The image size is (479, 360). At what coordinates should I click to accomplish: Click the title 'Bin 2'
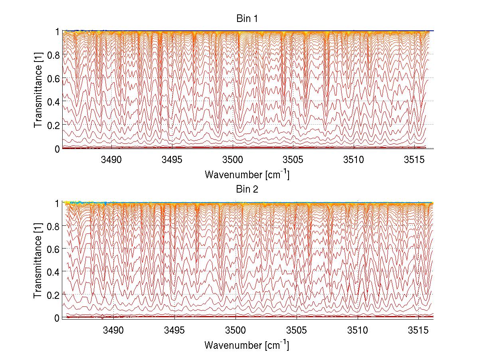[x=247, y=189]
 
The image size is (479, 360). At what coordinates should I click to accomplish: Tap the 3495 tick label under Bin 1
[x=172, y=160]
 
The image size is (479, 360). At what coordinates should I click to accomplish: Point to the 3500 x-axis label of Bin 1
[x=233, y=160]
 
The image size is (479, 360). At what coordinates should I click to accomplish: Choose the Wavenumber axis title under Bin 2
[x=247, y=345]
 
